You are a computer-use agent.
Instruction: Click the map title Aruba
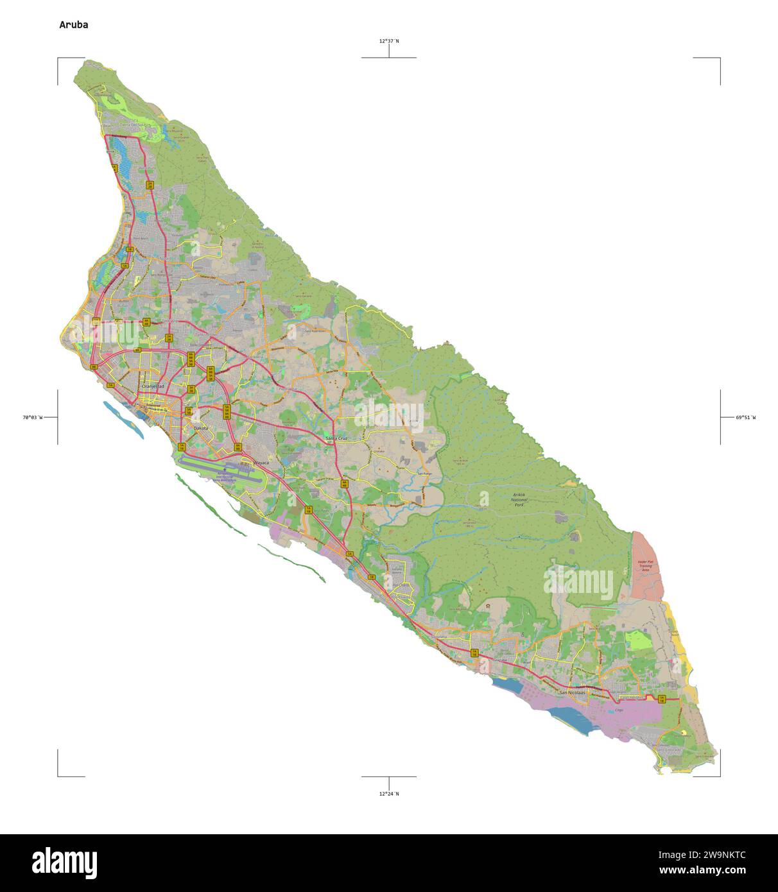[74, 25]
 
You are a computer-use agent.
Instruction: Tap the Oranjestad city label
[153, 387]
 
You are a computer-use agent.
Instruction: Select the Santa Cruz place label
[336, 438]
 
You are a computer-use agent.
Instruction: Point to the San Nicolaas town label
[573, 693]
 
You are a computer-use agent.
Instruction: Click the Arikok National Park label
[519, 500]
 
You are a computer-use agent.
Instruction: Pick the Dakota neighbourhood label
[201, 428]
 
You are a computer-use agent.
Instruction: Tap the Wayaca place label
[261, 462]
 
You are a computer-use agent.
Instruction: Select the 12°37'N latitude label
[388, 41]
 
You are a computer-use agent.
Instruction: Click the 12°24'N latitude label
[388, 794]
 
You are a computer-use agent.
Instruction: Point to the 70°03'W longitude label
[32, 417]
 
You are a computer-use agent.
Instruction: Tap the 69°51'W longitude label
[746, 417]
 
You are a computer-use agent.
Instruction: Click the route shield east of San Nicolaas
[662, 699]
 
